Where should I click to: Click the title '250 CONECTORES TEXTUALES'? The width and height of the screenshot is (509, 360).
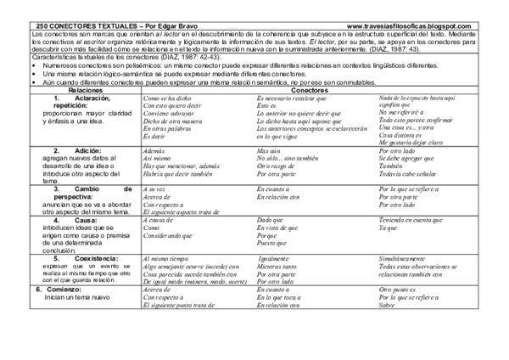click(x=77, y=27)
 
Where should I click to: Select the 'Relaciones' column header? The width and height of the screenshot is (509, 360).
click(x=85, y=88)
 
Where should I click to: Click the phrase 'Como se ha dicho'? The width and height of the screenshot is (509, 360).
click(x=169, y=99)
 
